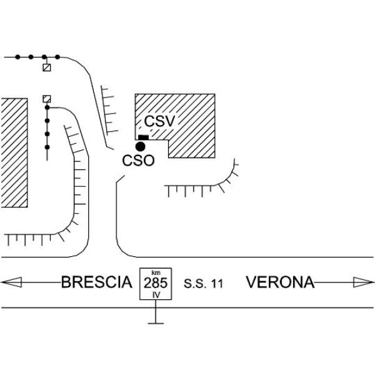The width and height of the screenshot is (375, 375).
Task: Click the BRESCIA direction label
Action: [x=97, y=282]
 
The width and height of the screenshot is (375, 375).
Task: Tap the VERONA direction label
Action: [x=280, y=282]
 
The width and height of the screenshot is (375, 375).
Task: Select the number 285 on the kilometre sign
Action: [x=156, y=283]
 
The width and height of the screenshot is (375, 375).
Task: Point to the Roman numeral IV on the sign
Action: [x=156, y=295]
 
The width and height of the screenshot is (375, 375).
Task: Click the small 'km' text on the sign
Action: [x=156, y=272]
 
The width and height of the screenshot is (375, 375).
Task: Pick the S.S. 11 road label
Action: [x=203, y=284]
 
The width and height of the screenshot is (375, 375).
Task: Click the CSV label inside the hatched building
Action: [x=159, y=121]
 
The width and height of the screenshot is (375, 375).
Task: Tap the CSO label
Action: [x=138, y=161]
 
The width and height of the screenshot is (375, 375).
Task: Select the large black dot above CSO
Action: [x=140, y=146]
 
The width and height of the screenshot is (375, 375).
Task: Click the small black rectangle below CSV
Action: [x=144, y=137]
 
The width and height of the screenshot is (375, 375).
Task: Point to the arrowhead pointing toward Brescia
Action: [x=11, y=282]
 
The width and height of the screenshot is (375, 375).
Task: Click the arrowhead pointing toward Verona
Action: [x=364, y=282]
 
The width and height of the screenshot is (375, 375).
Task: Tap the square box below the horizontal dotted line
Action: [x=47, y=67]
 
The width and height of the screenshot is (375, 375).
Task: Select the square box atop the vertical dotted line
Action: [x=47, y=99]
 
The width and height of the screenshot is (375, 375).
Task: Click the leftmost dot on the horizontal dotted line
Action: [x=17, y=57]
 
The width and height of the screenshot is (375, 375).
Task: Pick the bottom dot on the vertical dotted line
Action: [x=47, y=147]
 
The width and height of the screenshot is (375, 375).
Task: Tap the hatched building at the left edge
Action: [x=14, y=152]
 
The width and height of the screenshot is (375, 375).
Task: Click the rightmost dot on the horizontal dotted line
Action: [x=57, y=57]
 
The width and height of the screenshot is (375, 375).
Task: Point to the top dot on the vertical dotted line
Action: [x=47, y=107]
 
